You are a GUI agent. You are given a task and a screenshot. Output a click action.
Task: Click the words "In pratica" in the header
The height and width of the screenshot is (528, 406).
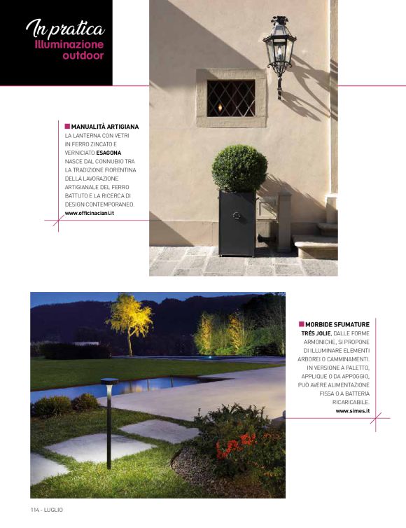64,29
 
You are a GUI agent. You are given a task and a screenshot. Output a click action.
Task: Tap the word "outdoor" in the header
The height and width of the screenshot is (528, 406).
83,55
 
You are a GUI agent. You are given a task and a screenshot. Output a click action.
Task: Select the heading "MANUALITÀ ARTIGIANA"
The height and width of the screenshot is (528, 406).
105,127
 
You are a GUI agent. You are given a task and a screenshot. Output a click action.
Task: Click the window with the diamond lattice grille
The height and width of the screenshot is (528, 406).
231,98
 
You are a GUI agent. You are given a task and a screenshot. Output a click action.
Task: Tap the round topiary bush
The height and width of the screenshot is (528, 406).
239,168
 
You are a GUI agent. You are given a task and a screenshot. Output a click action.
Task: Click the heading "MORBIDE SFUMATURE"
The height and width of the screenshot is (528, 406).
337,325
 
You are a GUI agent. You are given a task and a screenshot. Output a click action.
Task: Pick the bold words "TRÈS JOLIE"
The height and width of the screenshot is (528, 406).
310,333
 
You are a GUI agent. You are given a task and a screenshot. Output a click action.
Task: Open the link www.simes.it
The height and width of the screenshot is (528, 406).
353,410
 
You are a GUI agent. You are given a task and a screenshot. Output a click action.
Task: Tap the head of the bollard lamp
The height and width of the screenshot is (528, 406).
109,382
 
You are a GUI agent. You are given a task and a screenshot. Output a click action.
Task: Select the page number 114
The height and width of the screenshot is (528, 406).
36,509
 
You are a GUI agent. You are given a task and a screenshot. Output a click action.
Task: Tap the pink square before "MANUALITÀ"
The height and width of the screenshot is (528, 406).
67,127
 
